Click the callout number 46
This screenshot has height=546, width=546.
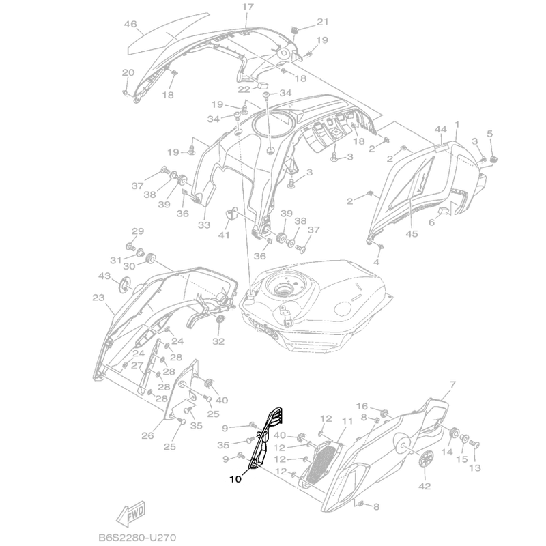(x=130, y=24)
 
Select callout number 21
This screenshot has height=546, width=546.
(x=323, y=22)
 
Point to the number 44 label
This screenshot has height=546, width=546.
(x=440, y=129)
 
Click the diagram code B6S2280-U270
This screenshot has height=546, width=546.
(x=137, y=537)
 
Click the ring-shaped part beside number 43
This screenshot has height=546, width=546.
(x=124, y=285)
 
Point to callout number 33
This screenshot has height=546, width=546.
(x=204, y=225)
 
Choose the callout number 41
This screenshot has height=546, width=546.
(x=225, y=235)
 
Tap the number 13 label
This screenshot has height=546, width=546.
(x=474, y=468)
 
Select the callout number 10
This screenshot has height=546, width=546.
(x=235, y=479)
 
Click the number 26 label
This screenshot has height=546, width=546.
(x=148, y=435)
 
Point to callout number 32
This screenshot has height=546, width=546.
(x=218, y=341)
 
